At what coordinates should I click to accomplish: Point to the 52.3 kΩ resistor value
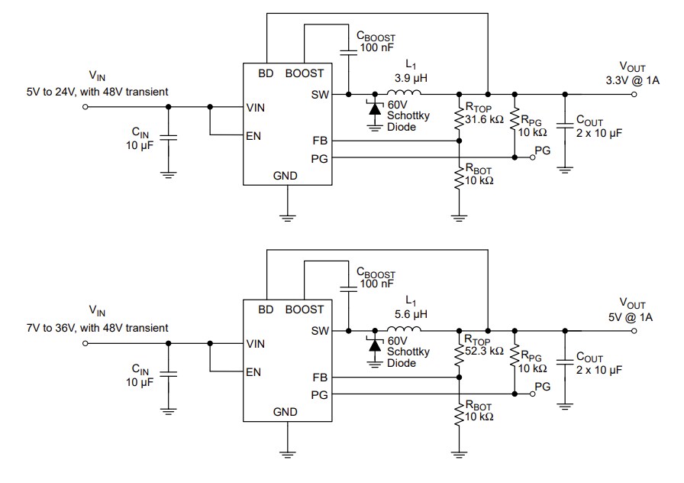click(x=485, y=351)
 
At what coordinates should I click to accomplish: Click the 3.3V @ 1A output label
click(x=632, y=80)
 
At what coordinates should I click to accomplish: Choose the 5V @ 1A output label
click(x=632, y=316)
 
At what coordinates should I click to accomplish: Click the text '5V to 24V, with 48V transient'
click(x=97, y=92)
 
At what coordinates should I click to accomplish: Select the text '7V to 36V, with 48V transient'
click(x=97, y=327)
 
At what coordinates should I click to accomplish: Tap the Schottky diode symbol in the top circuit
click(x=374, y=109)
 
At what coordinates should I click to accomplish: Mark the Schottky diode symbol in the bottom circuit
click(x=374, y=345)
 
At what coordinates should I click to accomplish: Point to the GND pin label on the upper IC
click(x=285, y=176)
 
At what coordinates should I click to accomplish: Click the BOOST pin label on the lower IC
click(x=304, y=310)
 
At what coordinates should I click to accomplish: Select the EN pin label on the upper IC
click(x=254, y=138)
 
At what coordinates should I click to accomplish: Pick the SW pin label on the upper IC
click(x=320, y=95)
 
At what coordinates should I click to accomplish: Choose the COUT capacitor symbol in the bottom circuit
click(x=564, y=358)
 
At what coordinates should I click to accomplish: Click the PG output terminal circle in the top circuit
click(x=532, y=158)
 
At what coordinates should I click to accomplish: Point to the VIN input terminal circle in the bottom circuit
click(x=85, y=343)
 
